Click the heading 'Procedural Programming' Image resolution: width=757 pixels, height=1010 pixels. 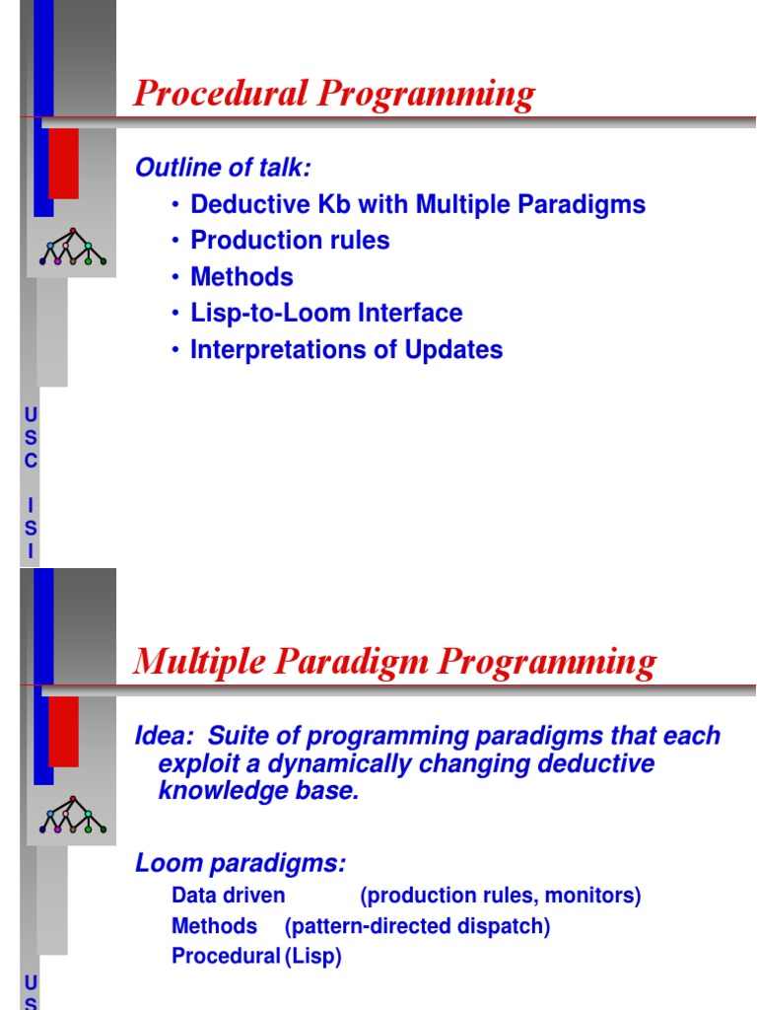[x=334, y=95]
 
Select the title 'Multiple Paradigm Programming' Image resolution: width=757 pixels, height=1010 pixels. [x=394, y=661]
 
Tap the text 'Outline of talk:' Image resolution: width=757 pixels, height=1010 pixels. [x=223, y=168]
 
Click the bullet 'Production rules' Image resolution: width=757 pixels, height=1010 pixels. [x=290, y=241]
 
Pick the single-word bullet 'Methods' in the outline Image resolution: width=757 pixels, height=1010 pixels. [x=241, y=277]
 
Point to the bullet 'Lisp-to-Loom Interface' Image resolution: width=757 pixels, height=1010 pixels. [x=326, y=314]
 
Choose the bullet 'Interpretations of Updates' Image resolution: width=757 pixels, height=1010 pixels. [x=346, y=350]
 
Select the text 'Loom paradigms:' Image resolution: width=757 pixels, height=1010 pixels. [x=241, y=864]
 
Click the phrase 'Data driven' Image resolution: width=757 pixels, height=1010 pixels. [x=229, y=896]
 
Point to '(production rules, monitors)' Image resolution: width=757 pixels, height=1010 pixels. [x=501, y=896]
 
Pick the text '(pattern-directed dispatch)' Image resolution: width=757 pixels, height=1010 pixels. [x=418, y=926]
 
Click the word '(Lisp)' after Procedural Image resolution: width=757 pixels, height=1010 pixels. [x=313, y=957]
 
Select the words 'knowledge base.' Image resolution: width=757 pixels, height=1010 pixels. [x=259, y=792]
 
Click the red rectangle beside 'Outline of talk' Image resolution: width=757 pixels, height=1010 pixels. [x=63, y=163]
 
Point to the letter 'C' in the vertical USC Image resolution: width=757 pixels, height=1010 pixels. [x=31, y=461]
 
